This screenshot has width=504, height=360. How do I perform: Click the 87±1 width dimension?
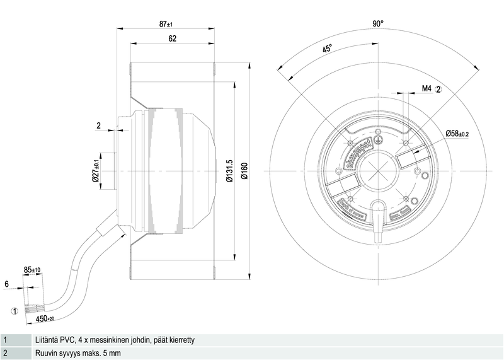pyautogui.click(x=166, y=24)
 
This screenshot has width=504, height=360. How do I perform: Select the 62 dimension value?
pyautogui.click(x=172, y=38)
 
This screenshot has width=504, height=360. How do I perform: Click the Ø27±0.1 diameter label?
pyautogui.click(x=96, y=171)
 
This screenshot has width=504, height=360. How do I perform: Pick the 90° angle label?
pyautogui.click(x=377, y=24)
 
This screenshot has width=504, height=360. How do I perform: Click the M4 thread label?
pyautogui.click(x=427, y=89)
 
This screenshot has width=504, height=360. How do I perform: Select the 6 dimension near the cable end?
pyautogui.click(x=6, y=284)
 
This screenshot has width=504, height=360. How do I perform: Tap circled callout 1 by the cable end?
pyautogui.click(x=13, y=310)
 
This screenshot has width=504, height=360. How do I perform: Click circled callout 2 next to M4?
pyautogui.click(x=439, y=89)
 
